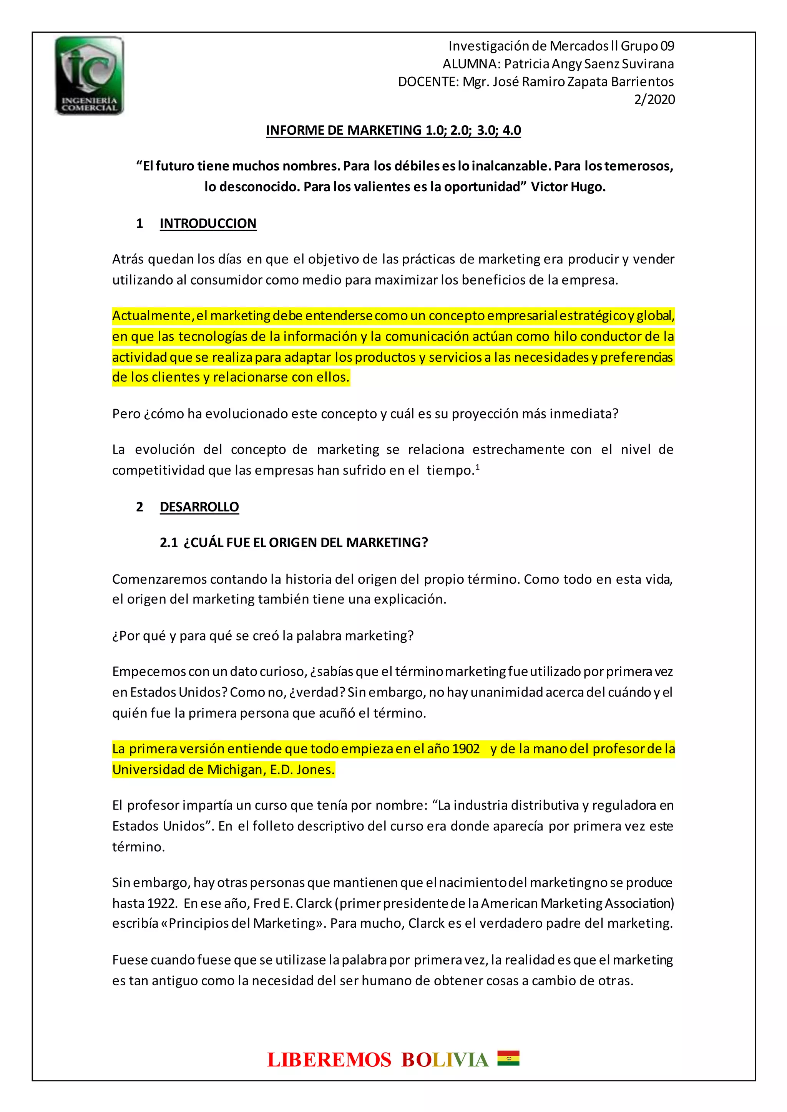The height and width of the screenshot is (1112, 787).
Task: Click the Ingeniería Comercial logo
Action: [x=89, y=76]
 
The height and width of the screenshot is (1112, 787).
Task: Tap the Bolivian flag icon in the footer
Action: [x=508, y=1059]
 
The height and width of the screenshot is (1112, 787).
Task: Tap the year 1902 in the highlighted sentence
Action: [x=465, y=749]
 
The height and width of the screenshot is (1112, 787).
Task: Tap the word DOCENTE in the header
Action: [x=427, y=82]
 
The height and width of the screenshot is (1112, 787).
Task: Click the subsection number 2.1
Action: [x=169, y=543]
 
